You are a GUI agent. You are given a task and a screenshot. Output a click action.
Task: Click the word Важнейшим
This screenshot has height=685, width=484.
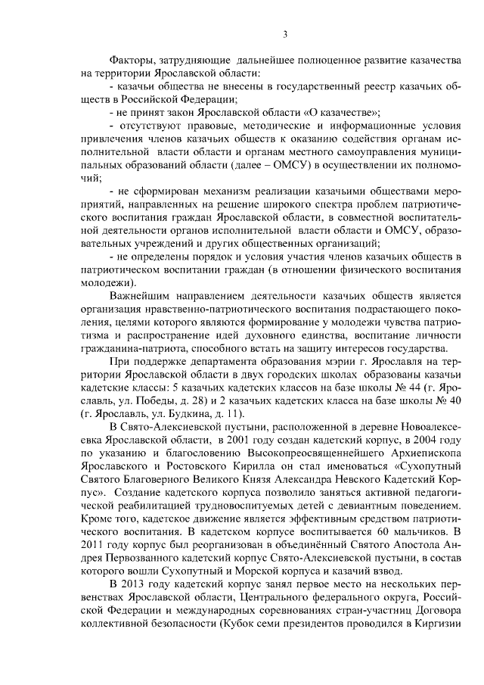pyautogui.click(x=141, y=295)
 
